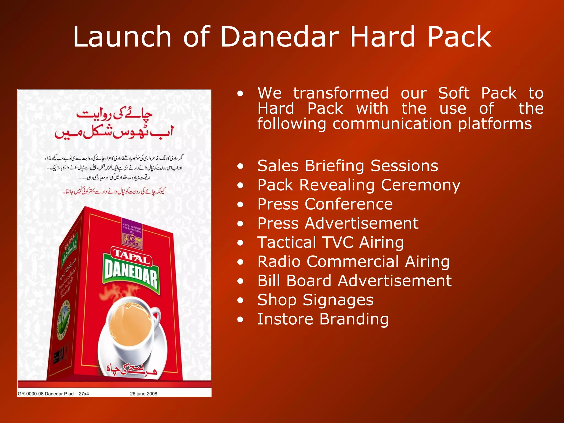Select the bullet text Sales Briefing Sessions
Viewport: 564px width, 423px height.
click(348, 166)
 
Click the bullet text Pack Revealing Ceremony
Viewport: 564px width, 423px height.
click(359, 185)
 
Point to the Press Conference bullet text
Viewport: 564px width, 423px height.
click(325, 204)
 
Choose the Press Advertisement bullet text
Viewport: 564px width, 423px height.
click(338, 223)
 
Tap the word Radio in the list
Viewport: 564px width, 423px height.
click(279, 262)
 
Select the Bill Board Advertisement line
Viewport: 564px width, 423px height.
click(354, 281)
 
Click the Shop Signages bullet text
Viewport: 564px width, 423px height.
click(315, 300)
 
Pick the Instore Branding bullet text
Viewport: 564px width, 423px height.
click(323, 319)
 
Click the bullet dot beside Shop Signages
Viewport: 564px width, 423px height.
click(240, 300)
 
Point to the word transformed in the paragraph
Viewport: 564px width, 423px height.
click(341, 93)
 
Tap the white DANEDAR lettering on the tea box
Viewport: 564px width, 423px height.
click(131, 273)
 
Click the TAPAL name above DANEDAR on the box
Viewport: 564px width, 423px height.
click(132, 256)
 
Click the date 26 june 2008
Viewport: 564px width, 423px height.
click(143, 394)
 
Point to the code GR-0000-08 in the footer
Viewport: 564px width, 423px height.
click(31, 394)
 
